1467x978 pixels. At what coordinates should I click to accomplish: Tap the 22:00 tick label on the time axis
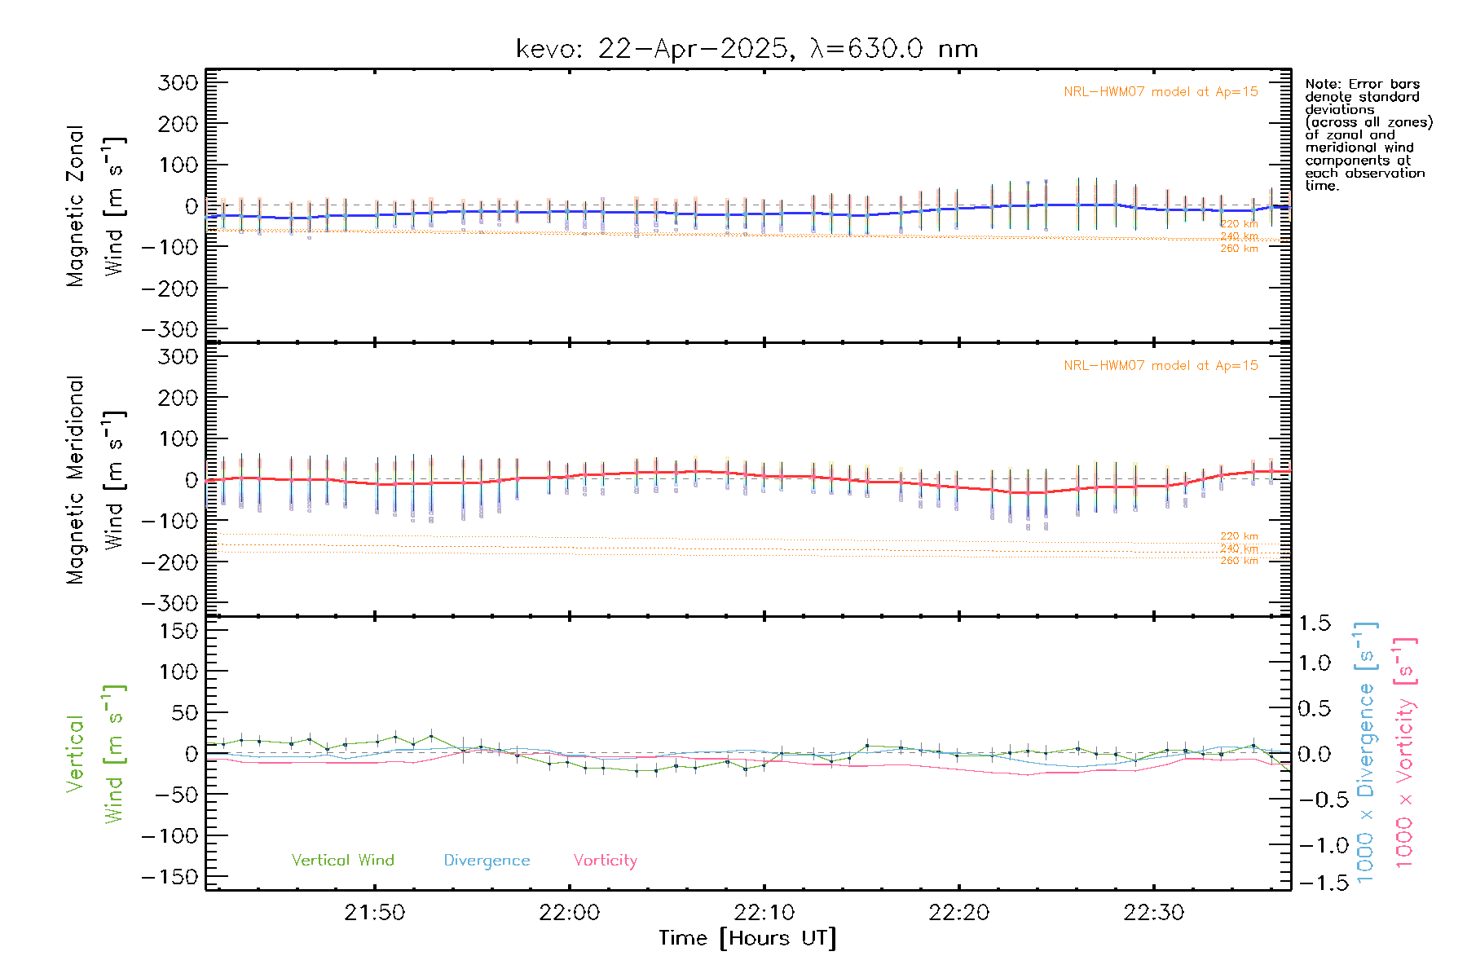click(569, 913)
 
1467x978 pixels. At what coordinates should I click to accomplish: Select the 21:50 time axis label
click(374, 913)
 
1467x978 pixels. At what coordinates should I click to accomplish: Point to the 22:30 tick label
click(1153, 913)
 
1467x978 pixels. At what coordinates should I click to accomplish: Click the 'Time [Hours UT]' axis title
click(747, 938)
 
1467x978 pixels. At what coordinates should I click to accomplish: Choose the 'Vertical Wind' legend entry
click(342, 860)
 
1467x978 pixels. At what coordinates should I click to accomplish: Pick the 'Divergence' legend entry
click(487, 860)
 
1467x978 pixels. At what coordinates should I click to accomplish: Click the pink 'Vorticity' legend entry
click(605, 860)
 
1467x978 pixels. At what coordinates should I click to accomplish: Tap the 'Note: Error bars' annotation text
click(1362, 84)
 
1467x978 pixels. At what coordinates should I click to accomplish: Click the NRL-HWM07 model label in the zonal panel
click(1161, 92)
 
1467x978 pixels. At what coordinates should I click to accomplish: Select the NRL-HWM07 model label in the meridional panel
click(1161, 366)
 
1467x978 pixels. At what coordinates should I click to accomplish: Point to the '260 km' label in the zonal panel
click(1239, 249)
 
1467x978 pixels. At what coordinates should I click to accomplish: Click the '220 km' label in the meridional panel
click(1239, 536)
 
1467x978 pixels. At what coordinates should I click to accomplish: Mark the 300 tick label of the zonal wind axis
click(178, 82)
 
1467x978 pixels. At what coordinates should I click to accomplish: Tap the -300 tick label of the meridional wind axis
click(170, 603)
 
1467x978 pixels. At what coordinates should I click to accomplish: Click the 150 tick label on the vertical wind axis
click(178, 631)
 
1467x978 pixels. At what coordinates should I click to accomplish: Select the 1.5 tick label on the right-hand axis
click(1315, 623)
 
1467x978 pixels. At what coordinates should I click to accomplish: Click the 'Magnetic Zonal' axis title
click(76, 206)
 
